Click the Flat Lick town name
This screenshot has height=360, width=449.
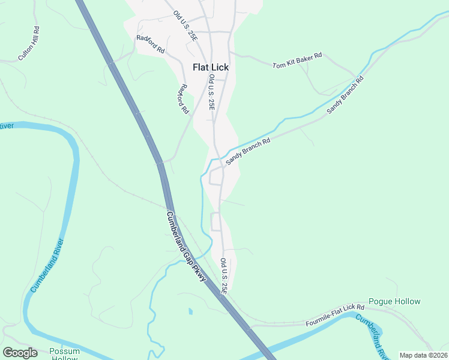click(211, 68)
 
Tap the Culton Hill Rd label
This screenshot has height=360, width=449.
click(29, 43)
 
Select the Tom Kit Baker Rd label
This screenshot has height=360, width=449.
click(297, 60)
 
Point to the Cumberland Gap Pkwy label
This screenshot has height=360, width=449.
click(186, 247)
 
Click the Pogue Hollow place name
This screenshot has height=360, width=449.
click(394, 301)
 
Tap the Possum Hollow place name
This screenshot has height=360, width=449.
click(64, 355)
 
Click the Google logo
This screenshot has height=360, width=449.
click(20, 352)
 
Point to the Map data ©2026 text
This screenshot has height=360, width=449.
click(423, 355)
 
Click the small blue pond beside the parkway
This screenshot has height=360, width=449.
click(190, 311)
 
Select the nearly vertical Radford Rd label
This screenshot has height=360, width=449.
click(182, 99)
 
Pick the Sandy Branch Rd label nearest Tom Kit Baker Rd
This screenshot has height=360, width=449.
click(345, 95)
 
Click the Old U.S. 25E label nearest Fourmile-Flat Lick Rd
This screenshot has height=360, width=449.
click(224, 276)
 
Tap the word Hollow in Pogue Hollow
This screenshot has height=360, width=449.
click(408, 301)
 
